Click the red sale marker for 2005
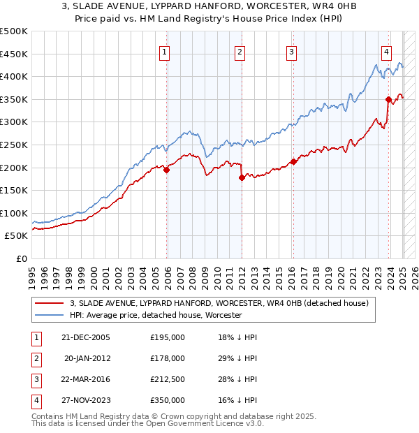pyautogui.click(x=167, y=170)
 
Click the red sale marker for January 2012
pyautogui.click(x=242, y=178)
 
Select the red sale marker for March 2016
pyautogui.click(x=293, y=162)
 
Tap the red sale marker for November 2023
pyautogui.click(x=388, y=99)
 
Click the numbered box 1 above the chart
pyautogui.click(x=164, y=51)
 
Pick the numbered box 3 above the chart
pyautogui.click(x=291, y=51)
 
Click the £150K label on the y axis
pyautogui.click(x=14, y=190)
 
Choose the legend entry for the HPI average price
pyautogui.click(x=155, y=316)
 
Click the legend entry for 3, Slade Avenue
pyautogui.click(x=223, y=304)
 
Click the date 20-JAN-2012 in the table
pyautogui.click(x=87, y=358)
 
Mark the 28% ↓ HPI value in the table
pyautogui.click(x=237, y=379)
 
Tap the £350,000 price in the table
pyautogui.click(x=168, y=401)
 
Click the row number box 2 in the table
pyautogui.click(x=34, y=358)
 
